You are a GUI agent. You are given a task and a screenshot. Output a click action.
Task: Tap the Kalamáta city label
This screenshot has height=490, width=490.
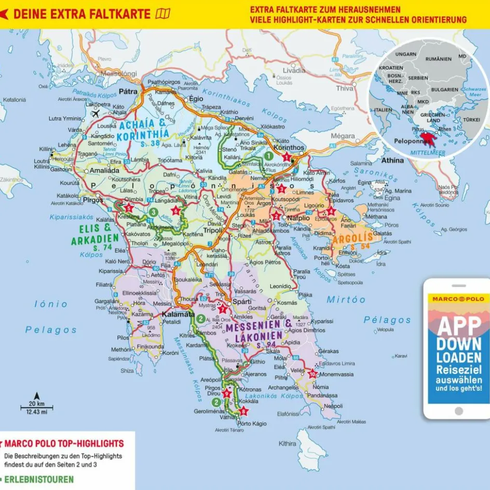pos(178,314)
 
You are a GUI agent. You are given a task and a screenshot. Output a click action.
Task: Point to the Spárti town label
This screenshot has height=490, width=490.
pos(242,302)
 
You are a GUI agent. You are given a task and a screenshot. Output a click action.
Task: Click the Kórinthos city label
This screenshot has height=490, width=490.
pos(289,147)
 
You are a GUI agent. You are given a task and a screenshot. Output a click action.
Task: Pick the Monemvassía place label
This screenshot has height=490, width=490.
pos(337,374)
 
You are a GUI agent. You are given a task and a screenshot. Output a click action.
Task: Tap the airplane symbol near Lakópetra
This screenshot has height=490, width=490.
pos(95,113)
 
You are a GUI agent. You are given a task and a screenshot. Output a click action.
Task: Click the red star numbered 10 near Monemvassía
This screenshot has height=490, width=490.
pos(312,374)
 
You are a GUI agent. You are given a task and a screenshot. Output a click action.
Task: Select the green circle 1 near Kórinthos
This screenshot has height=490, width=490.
pos(268,155)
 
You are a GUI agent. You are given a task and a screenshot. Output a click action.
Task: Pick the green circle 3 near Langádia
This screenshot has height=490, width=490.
pos(153,212)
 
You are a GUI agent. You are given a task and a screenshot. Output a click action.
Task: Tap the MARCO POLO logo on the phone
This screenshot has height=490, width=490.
pos(456,299)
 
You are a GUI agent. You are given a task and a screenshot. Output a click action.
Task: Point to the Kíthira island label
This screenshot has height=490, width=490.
pos(287,444)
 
